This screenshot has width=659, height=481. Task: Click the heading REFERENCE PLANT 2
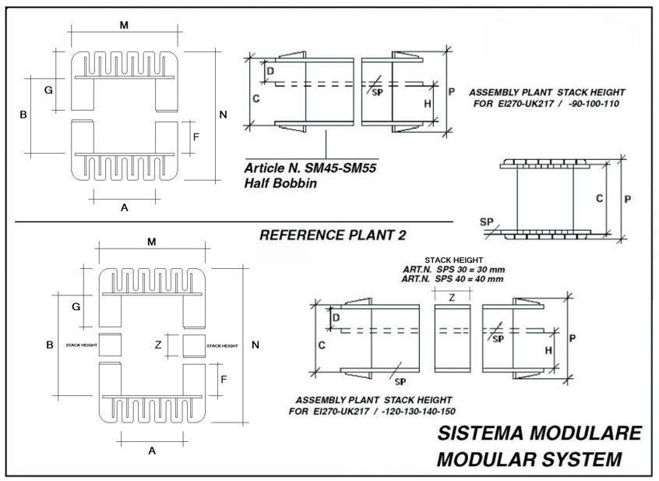333,235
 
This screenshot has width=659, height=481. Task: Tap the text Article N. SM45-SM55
310,168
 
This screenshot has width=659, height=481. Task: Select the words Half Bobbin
280,183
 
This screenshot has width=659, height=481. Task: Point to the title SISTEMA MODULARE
540,433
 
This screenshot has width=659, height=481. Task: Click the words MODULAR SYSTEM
530,459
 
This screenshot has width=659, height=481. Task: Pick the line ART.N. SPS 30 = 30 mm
454,270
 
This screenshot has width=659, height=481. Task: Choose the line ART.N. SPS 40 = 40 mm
453,279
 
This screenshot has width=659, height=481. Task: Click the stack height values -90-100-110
594,104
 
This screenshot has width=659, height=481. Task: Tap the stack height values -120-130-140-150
418,411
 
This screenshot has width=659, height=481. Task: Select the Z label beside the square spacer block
158,345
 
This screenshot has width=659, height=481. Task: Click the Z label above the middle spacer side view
452,298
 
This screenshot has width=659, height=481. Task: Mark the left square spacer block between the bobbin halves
110,345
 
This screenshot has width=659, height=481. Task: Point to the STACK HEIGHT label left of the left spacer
82,345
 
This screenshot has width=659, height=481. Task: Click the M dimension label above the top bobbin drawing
124,26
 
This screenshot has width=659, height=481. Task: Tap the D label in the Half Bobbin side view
270,71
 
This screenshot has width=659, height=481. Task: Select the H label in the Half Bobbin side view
428,104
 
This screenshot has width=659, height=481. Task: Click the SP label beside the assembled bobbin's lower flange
487,221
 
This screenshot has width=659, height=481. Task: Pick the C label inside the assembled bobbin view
600,199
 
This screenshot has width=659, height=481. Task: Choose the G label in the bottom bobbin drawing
76,307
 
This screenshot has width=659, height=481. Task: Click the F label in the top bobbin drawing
196,137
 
